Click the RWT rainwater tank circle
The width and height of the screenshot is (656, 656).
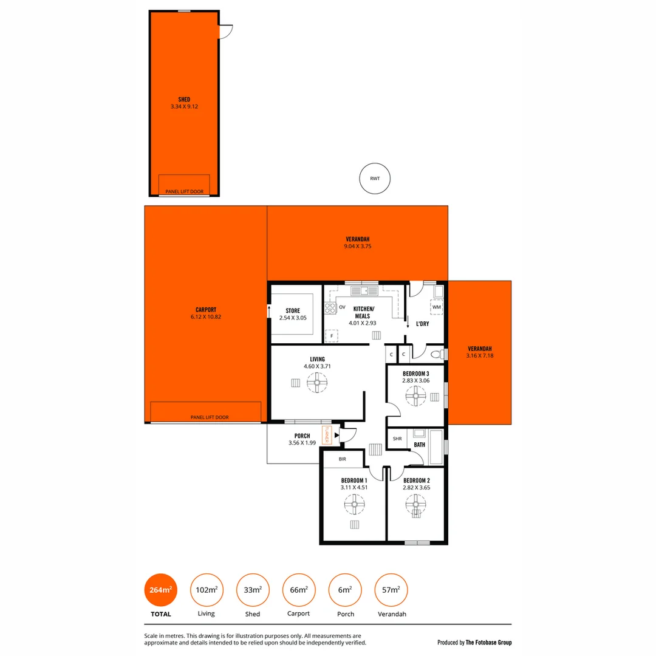tap(374, 179)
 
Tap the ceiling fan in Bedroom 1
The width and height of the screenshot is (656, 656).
tap(355, 504)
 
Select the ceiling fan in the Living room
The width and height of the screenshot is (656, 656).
tap(317, 383)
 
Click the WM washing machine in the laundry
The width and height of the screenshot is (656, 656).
tap(437, 307)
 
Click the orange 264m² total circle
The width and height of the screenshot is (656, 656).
tap(160, 589)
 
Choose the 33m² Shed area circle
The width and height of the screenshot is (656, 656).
tap(253, 589)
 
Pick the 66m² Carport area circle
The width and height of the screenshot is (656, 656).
tap(299, 589)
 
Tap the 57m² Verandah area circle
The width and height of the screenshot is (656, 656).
tap(392, 589)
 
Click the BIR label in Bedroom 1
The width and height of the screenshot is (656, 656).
tap(343, 459)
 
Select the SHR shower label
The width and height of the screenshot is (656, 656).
tap(397, 439)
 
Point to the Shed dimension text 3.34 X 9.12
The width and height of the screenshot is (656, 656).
tap(184, 107)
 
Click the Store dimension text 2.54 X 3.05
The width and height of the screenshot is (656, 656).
tap(293, 318)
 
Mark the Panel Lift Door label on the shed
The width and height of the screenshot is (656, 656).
tap(185, 192)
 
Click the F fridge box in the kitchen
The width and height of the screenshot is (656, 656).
tap(332, 335)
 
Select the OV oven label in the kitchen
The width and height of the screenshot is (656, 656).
tap(342, 307)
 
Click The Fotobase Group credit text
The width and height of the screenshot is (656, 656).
tap(474, 642)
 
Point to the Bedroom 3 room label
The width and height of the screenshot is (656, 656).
tap(415, 374)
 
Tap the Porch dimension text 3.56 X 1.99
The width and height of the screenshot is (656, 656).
tap(302, 443)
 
